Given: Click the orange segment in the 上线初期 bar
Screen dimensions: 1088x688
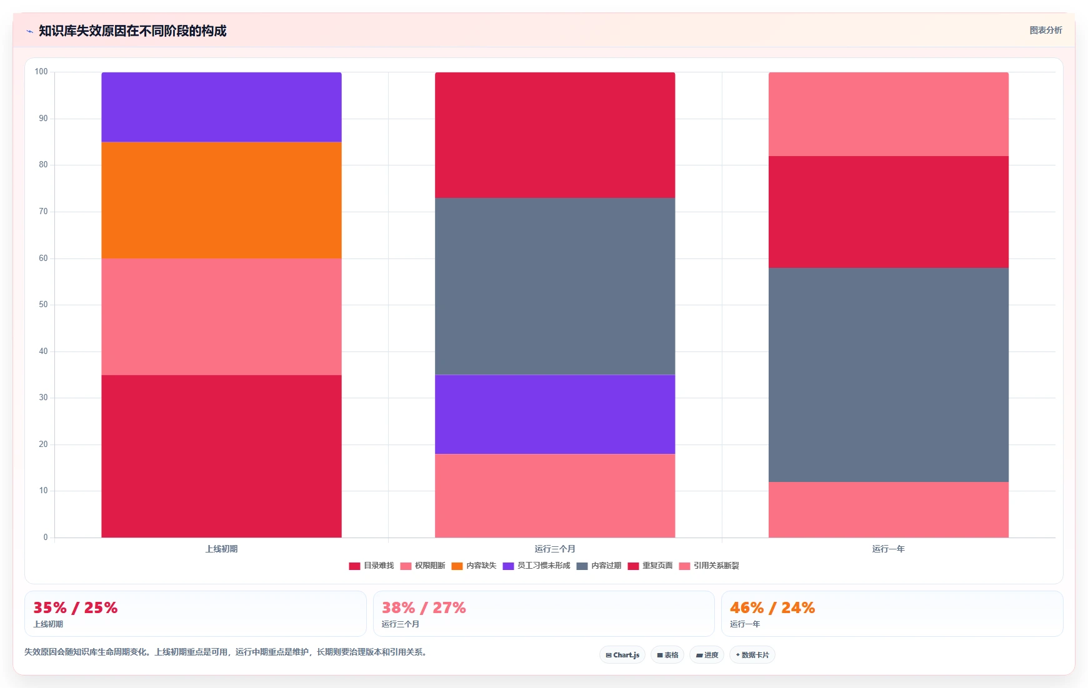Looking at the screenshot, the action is pyautogui.click(x=221, y=200).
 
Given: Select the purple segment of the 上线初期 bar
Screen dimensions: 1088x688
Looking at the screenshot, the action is pyautogui.click(x=221, y=107).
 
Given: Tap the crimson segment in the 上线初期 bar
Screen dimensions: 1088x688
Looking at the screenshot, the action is pyautogui.click(x=221, y=456).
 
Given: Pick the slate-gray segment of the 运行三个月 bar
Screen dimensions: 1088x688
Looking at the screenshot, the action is pyautogui.click(x=555, y=286).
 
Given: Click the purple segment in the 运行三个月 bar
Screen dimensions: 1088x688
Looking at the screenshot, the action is pyautogui.click(x=555, y=414).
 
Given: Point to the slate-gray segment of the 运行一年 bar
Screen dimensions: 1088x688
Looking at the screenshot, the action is pyautogui.click(x=888, y=375).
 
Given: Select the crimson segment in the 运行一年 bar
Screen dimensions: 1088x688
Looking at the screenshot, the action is pyautogui.click(x=888, y=212).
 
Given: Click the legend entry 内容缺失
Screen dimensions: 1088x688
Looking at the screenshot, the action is pyautogui.click(x=474, y=566).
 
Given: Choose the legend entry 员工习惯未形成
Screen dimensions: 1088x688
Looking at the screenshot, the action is pyautogui.click(x=536, y=566).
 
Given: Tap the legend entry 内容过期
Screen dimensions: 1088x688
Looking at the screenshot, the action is pyautogui.click(x=599, y=566).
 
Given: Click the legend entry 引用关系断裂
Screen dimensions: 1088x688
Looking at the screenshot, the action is pyautogui.click(x=709, y=566).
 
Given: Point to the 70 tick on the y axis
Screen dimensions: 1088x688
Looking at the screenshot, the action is pyautogui.click(x=43, y=212).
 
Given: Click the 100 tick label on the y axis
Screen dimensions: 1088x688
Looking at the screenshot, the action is pyautogui.click(x=41, y=72).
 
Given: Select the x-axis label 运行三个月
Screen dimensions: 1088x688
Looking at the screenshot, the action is pyautogui.click(x=555, y=549).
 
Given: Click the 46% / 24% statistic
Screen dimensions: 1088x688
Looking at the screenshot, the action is pyautogui.click(x=772, y=607).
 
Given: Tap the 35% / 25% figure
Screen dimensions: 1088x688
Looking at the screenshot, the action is pyautogui.click(x=76, y=607).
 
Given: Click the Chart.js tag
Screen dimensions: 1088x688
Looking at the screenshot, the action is pyautogui.click(x=622, y=655).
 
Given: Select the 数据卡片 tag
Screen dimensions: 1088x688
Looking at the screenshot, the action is pyautogui.click(x=752, y=655).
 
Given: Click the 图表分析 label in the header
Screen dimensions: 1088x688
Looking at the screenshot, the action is pyautogui.click(x=1046, y=30).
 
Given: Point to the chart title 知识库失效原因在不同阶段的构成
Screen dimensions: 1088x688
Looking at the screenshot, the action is pyautogui.click(x=132, y=31).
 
